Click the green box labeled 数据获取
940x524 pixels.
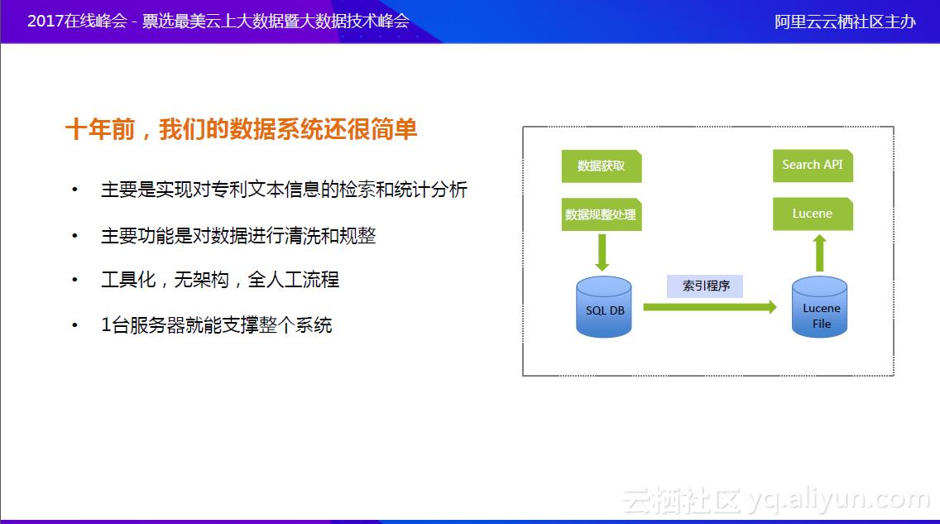602,166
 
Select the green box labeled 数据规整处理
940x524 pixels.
601,214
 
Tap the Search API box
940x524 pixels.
812,165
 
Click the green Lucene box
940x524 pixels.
812,214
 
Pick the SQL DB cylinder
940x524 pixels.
605,308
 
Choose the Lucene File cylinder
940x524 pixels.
820,308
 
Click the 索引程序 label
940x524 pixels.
706,286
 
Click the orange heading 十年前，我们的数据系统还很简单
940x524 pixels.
242,130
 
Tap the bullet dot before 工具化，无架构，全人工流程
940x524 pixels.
75,280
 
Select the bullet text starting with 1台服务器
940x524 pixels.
217,324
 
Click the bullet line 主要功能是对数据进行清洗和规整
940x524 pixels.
238,236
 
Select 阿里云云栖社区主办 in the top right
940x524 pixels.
845,22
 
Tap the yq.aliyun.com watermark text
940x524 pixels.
837,499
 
